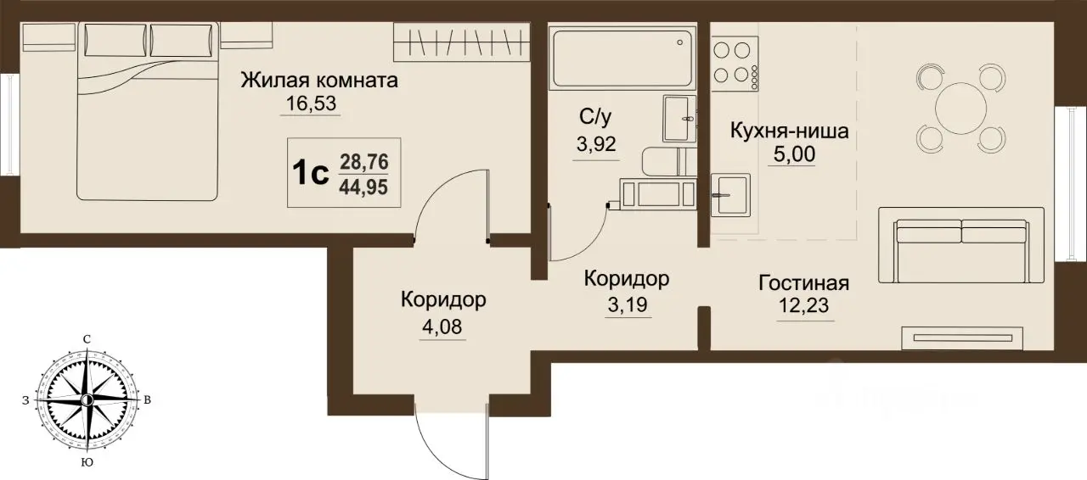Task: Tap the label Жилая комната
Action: (319, 81)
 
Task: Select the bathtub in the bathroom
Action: (622, 59)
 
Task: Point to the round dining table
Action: (961, 107)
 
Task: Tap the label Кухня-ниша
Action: (791, 132)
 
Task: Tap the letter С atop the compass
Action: (87, 339)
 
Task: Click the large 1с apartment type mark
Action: (310, 173)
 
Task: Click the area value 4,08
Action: (442, 327)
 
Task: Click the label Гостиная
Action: (803, 283)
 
